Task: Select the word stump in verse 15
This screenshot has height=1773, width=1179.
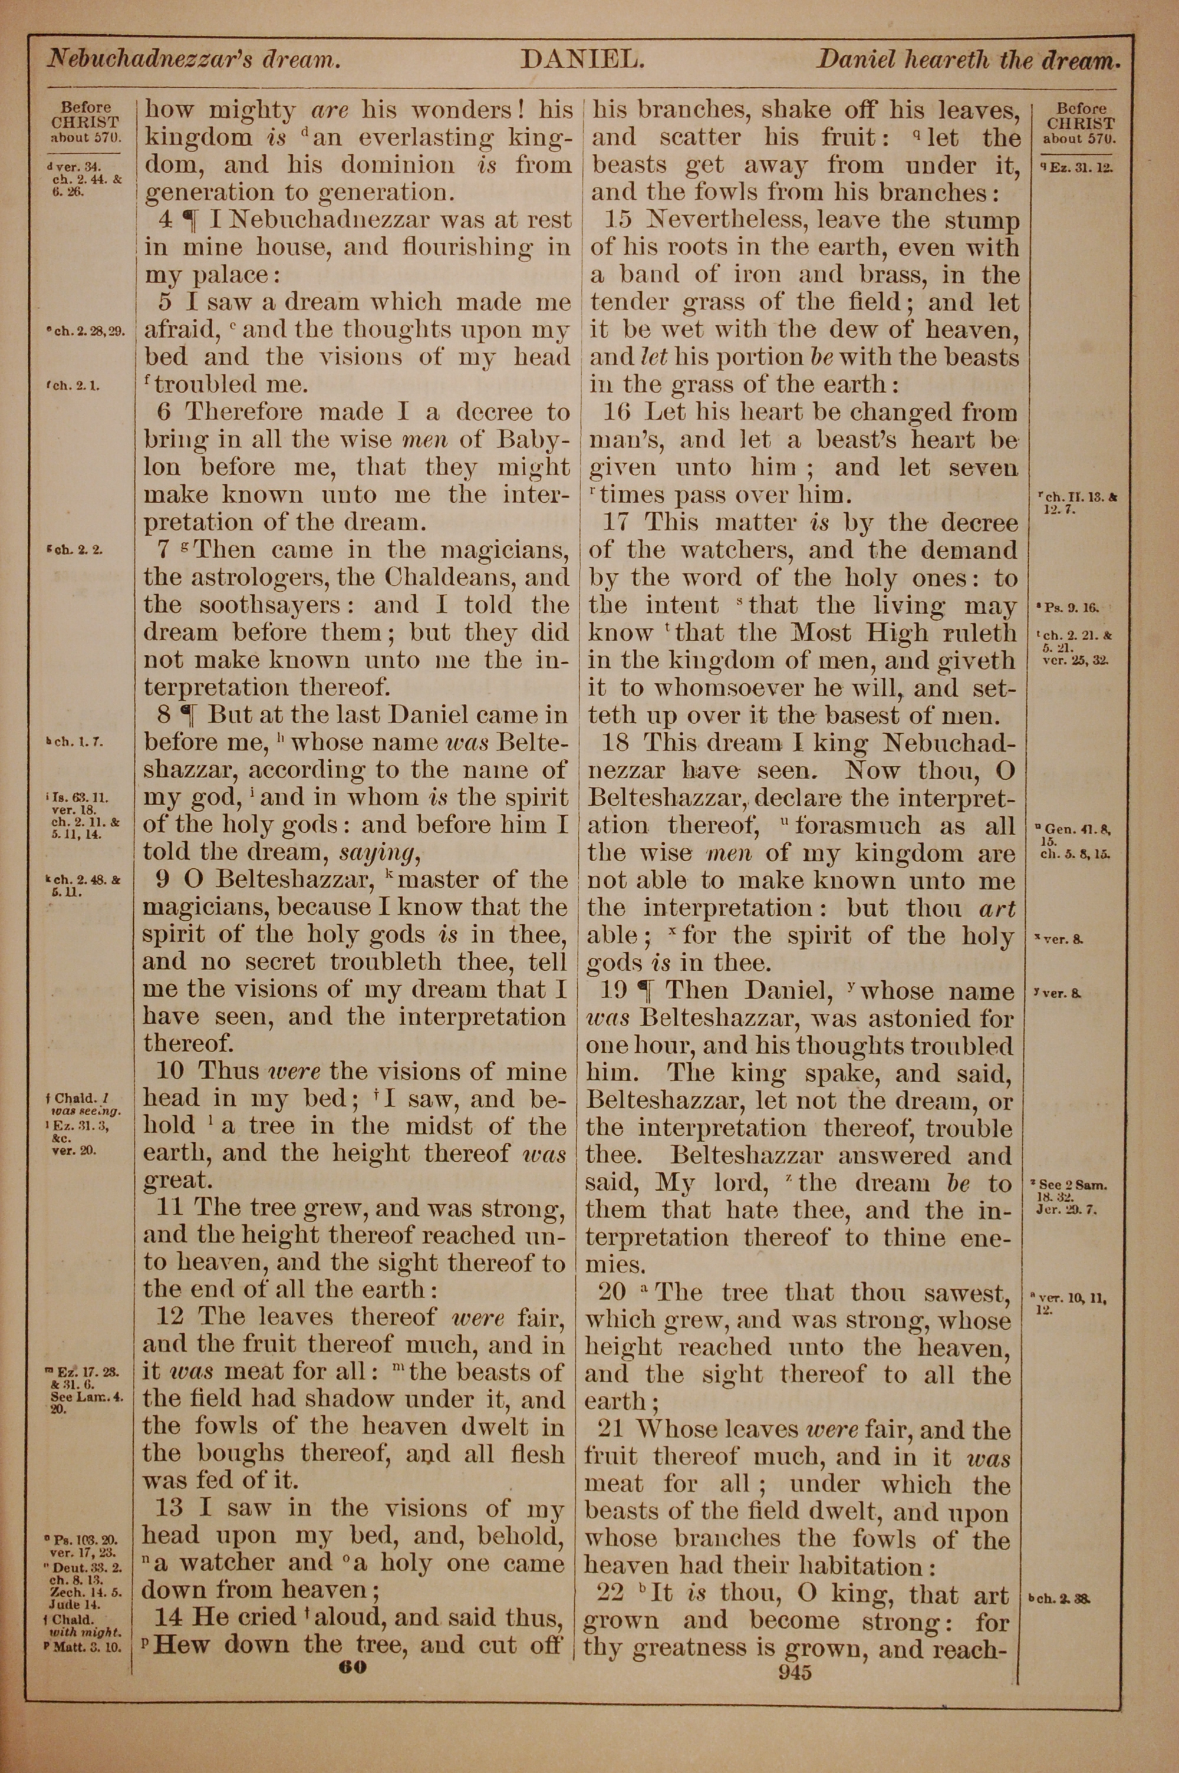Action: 982,220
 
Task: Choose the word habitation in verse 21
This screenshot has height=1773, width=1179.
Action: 858,1566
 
